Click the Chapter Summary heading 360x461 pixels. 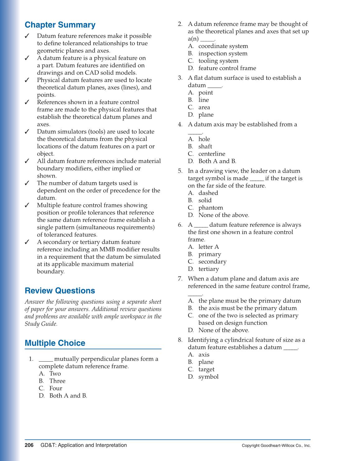[60, 25]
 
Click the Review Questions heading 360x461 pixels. [60, 291]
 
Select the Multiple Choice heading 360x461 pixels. [55, 343]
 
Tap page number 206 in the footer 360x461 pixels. [29, 445]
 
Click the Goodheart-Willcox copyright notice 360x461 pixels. [276, 445]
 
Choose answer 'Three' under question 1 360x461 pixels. [57, 381]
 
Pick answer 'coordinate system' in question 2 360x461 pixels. [223, 46]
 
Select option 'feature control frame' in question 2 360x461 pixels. [227, 68]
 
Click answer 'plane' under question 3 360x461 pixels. [206, 115]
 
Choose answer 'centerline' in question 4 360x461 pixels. [212, 154]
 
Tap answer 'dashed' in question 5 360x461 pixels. [208, 193]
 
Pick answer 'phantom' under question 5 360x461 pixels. [211, 208]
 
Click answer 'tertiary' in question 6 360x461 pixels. [209, 269]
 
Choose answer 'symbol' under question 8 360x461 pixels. [208, 377]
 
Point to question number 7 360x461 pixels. [180, 279]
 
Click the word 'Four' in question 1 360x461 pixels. [56, 388]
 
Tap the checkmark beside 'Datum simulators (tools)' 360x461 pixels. [27, 132]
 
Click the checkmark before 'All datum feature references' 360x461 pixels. [27, 161]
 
